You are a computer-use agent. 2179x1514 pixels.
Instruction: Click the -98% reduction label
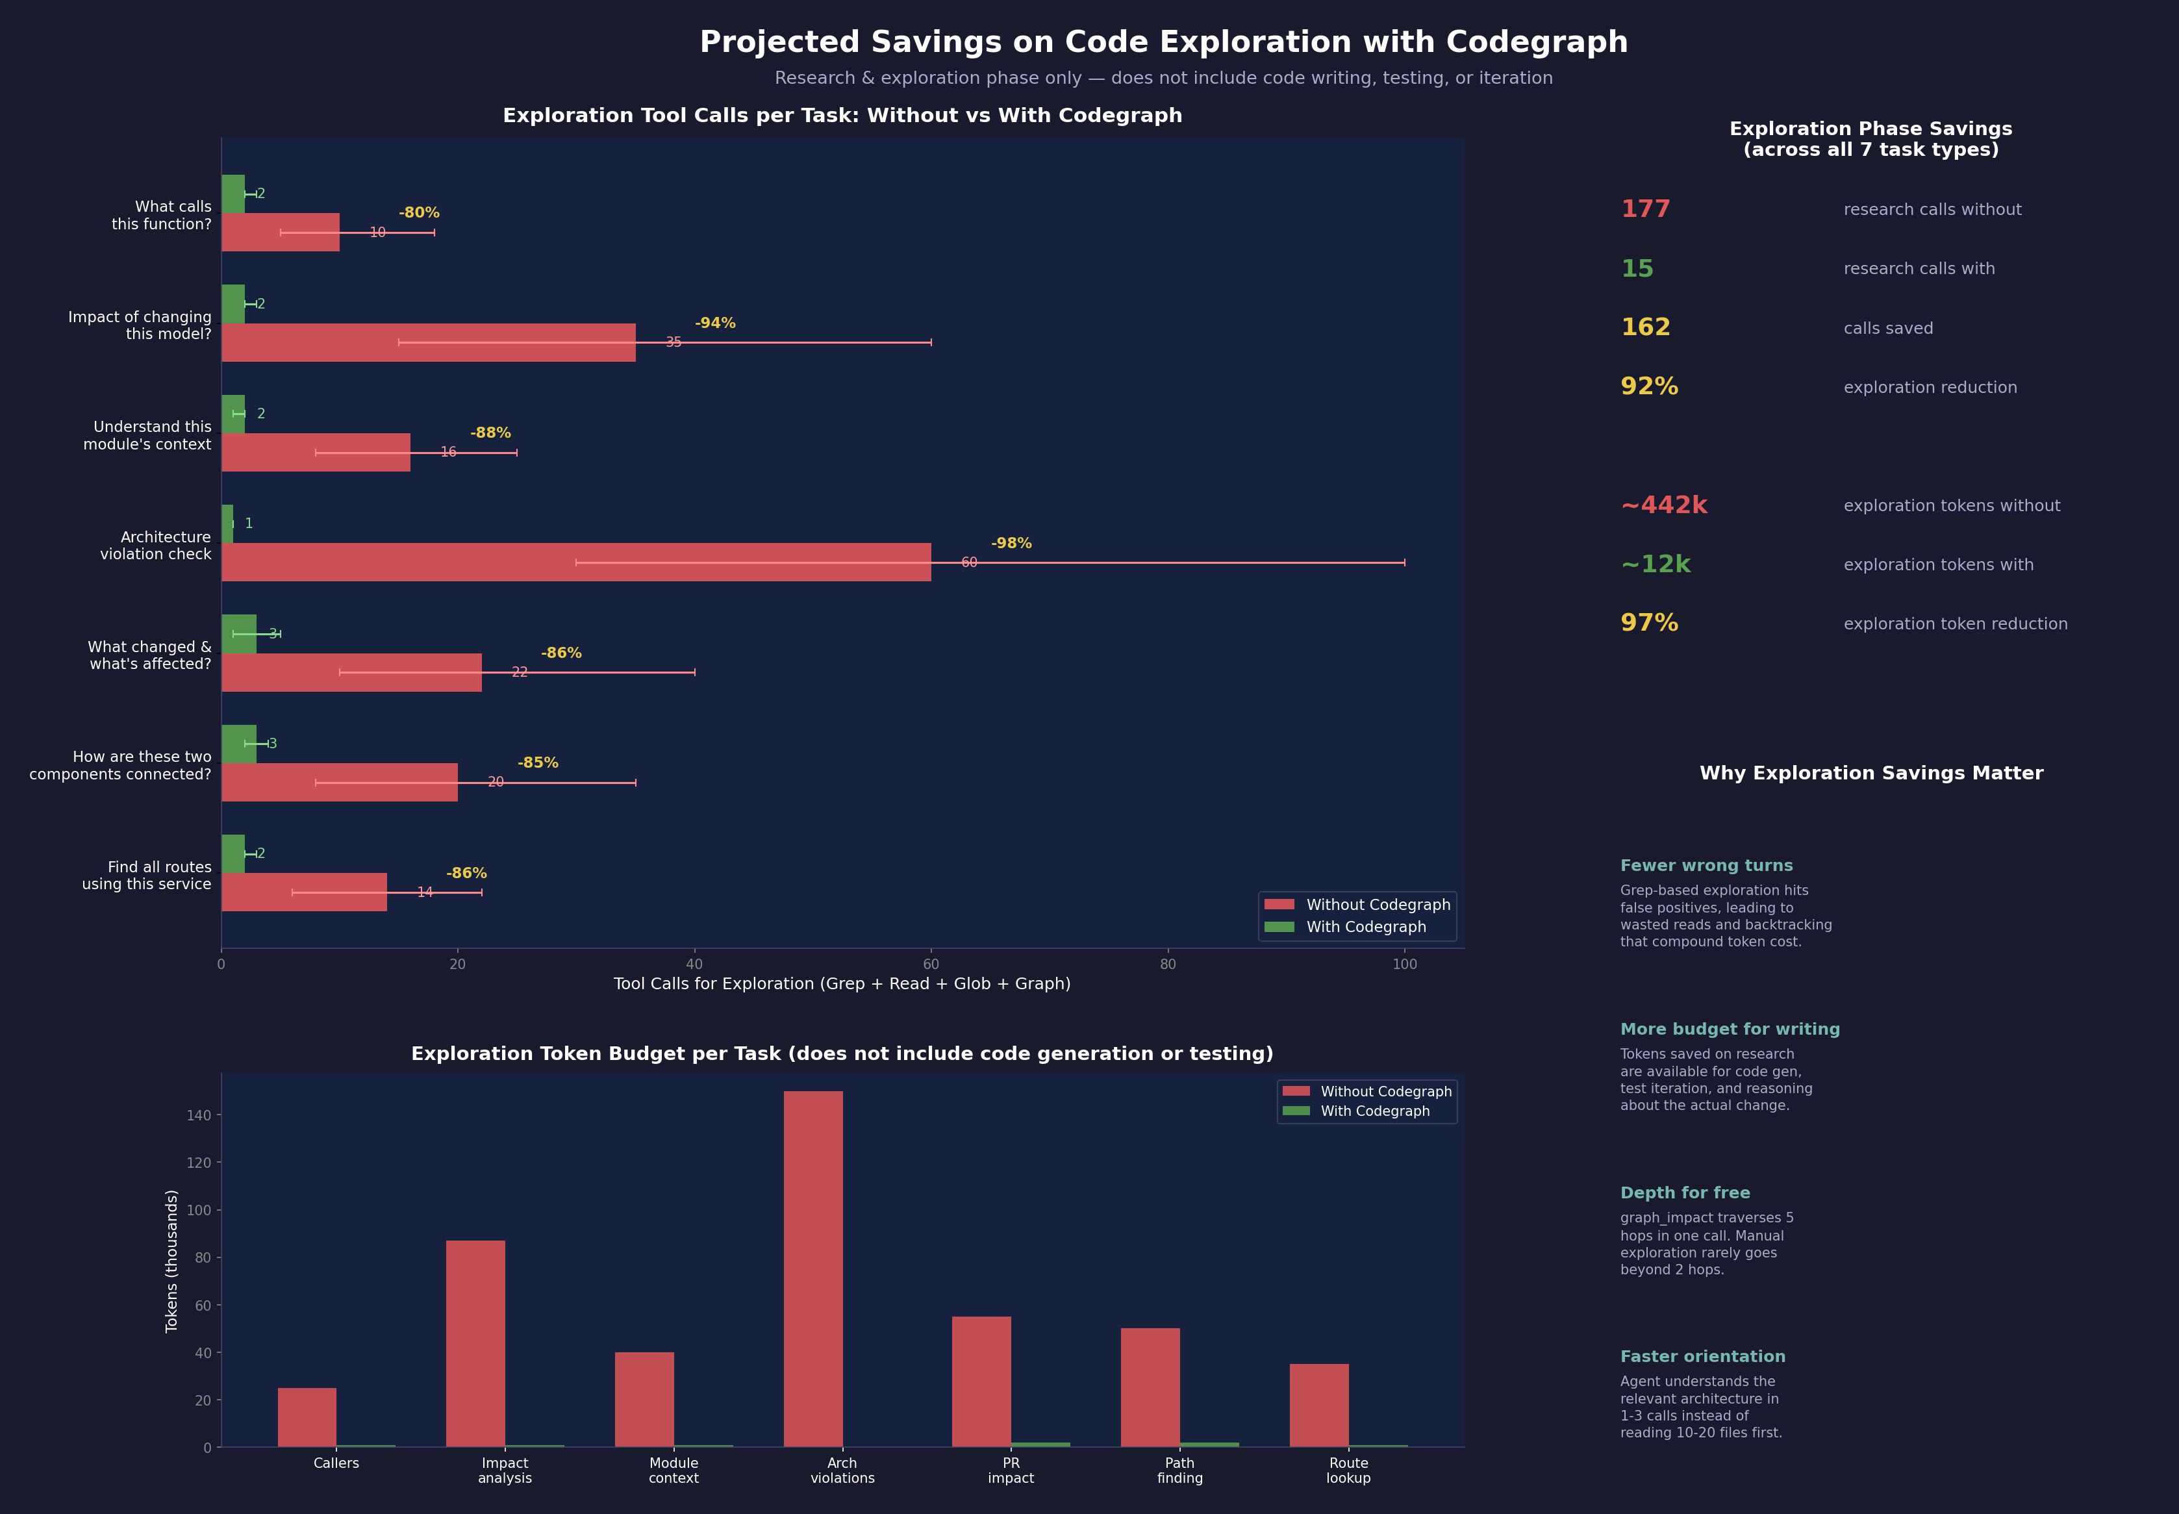point(1011,544)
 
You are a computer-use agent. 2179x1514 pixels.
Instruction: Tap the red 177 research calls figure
point(1645,210)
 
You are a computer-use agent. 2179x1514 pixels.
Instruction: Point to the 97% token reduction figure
point(1649,624)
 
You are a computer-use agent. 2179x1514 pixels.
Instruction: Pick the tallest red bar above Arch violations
point(813,1268)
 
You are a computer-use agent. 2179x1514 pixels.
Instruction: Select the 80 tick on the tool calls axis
point(1168,964)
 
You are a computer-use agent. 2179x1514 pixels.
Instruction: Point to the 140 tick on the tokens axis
point(199,1116)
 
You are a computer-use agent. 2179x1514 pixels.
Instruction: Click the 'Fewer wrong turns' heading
point(1706,866)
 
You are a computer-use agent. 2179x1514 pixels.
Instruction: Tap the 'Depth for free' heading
point(1685,1193)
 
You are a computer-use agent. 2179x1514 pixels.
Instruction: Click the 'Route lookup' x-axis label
point(1348,1470)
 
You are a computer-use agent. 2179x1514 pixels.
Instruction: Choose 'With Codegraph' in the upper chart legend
point(1365,927)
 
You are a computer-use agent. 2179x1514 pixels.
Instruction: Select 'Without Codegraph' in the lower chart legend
point(1385,1092)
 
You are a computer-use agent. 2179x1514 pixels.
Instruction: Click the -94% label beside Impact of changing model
point(714,323)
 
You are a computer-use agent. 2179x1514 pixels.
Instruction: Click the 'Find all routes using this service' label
point(147,876)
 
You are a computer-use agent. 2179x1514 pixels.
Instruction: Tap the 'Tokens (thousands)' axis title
point(171,1261)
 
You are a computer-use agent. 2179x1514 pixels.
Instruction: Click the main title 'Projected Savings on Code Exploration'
point(1163,43)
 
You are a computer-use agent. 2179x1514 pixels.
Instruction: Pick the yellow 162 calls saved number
point(1645,327)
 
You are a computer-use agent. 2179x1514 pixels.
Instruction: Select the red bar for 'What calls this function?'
point(280,233)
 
